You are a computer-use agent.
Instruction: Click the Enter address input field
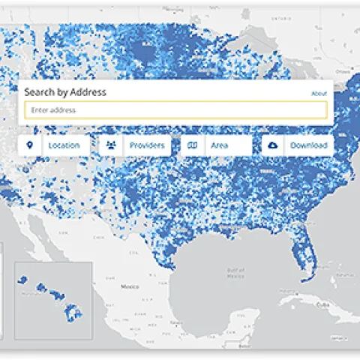[x=175, y=110]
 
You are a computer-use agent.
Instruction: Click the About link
[x=319, y=94]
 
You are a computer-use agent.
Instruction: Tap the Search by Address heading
[x=65, y=92]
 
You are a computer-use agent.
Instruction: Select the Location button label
[x=64, y=145]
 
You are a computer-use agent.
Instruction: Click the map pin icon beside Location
[x=30, y=145]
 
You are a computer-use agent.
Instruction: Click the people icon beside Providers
[x=111, y=145]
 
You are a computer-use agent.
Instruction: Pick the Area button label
[x=219, y=145]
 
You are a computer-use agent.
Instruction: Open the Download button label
[x=309, y=145]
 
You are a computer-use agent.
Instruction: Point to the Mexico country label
[x=130, y=286]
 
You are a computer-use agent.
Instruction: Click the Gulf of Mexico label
[x=235, y=272]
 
